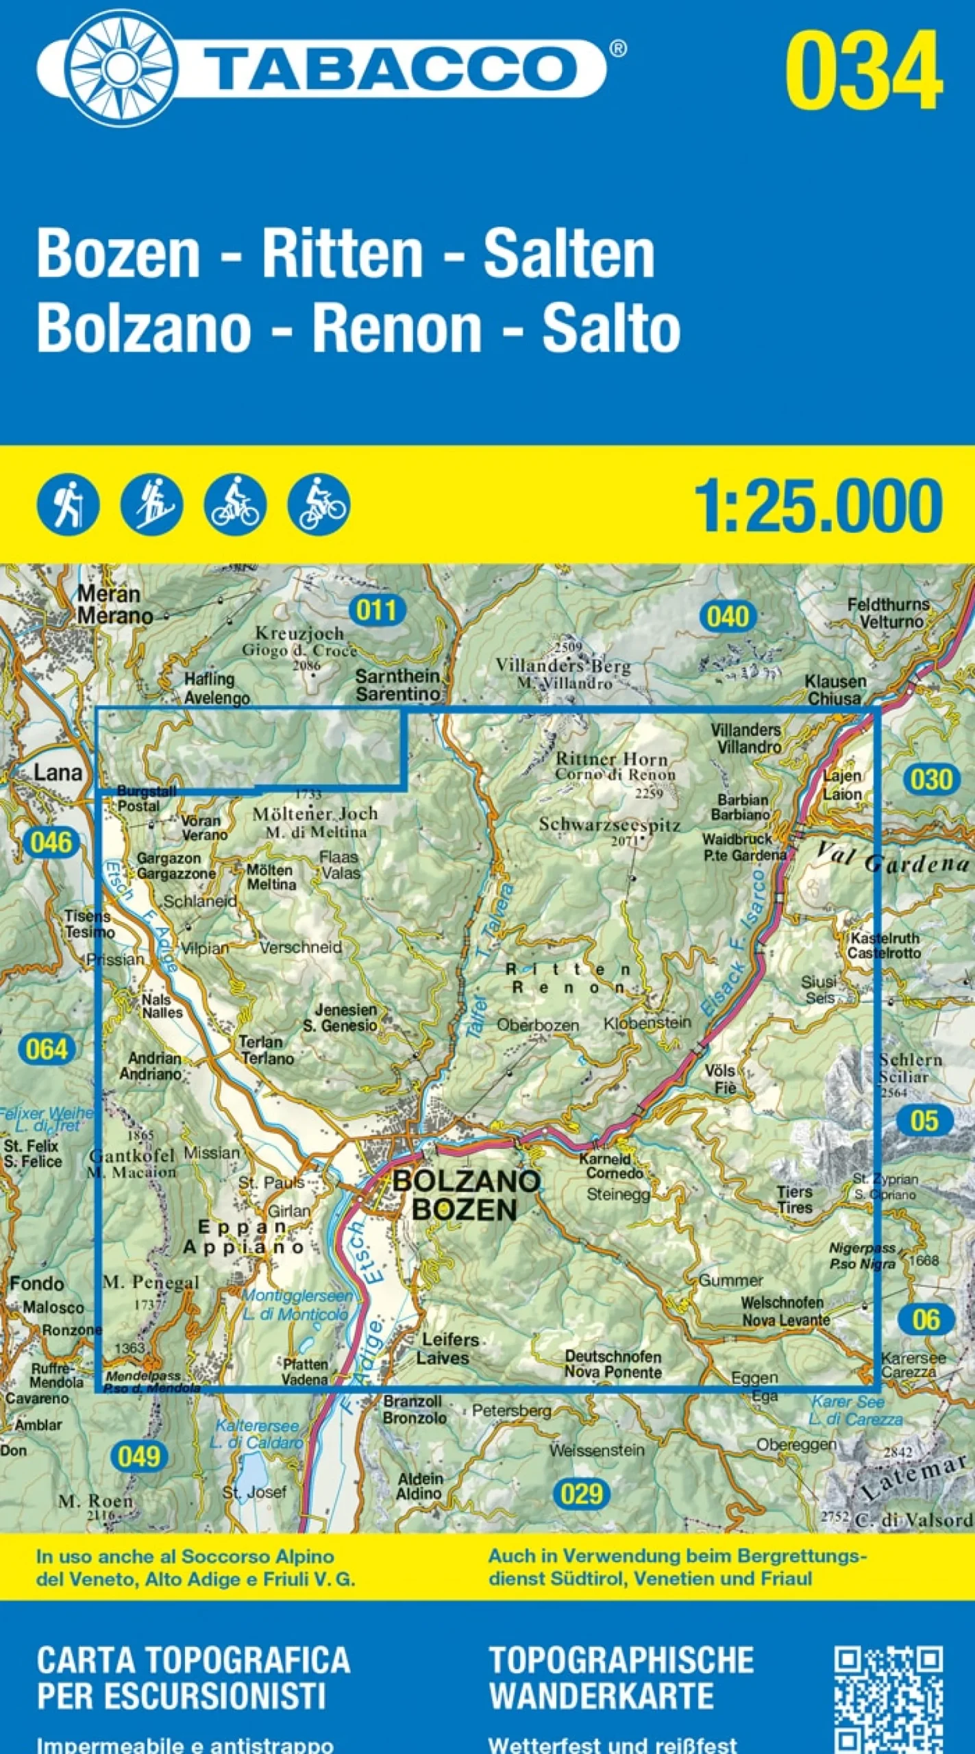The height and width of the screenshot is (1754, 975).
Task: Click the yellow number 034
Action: (x=864, y=71)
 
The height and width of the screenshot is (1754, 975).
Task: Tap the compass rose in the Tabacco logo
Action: (x=122, y=69)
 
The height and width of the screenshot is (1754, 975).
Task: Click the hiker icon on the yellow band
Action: (x=68, y=505)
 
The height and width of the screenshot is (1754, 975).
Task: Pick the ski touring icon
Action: (x=151, y=505)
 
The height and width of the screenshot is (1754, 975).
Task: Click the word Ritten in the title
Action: (x=343, y=255)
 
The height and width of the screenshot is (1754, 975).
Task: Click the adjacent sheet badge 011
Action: (x=377, y=609)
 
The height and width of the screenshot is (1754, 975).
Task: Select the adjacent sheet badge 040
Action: (x=728, y=617)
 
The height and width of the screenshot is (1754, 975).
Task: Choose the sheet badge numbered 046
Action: (x=51, y=842)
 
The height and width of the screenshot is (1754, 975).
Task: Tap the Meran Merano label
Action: (x=113, y=605)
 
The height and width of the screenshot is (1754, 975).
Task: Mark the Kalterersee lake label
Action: (x=258, y=1434)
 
